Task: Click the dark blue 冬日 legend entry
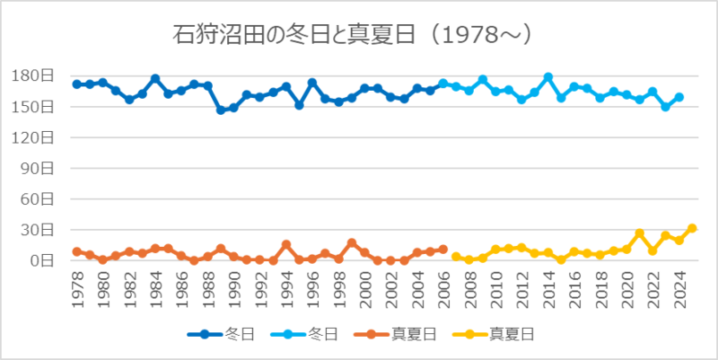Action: point(221,335)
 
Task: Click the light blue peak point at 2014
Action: point(548,77)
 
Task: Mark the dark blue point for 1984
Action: point(155,79)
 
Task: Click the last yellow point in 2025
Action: point(692,228)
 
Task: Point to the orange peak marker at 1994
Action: point(286,244)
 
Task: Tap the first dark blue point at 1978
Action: point(77,84)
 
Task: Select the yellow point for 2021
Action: point(640,233)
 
